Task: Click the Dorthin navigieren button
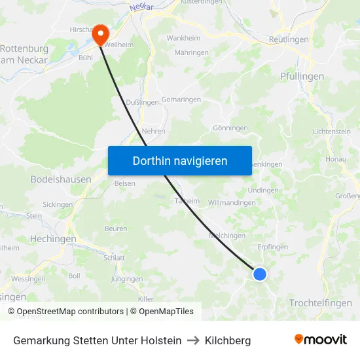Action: [180, 160]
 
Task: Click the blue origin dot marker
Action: [260, 274]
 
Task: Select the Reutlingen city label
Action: [289, 40]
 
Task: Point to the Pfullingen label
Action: [302, 77]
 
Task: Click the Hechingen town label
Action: [53, 239]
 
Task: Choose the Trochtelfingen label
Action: [320, 302]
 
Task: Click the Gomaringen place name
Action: [181, 98]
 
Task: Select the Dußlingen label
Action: [142, 102]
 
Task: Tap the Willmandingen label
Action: [232, 203]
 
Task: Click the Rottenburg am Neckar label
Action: [24, 54]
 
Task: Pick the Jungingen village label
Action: [127, 279]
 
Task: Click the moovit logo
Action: [321, 340]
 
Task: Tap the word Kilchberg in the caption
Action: [228, 340]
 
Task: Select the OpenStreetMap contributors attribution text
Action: [69, 312]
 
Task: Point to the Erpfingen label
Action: [273, 247]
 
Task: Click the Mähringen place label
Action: [191, 52]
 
